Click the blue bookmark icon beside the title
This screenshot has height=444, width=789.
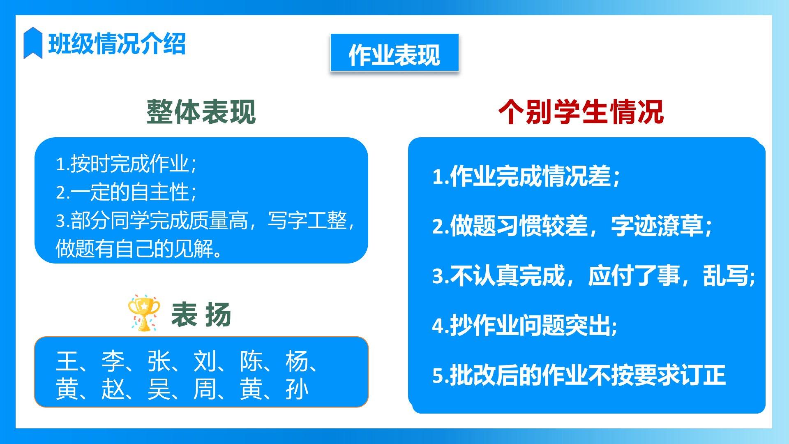coord(33,43)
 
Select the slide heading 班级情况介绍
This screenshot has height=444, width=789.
coord(117,44)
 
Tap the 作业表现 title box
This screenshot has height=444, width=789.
coord(394,53)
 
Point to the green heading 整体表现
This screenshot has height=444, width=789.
coord(201,112)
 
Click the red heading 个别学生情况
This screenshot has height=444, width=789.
coord(581,112)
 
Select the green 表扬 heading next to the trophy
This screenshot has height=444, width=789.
coord(201,314)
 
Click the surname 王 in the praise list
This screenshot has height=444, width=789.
coord(67,361)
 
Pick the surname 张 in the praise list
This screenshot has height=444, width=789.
coord(159,361)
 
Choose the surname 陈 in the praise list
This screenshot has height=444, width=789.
coord(251,361)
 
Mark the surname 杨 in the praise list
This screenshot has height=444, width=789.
coord(297,361)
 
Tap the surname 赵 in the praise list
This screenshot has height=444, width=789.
coord(113,389)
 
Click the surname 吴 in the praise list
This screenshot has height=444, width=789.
coord(159,389)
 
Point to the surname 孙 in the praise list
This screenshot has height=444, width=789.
coord(297,389)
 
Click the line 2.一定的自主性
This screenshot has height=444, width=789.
coord(127,192)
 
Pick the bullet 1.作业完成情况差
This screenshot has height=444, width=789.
coord(526,176)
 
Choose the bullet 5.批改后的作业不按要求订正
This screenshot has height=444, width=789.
coord(579,375)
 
